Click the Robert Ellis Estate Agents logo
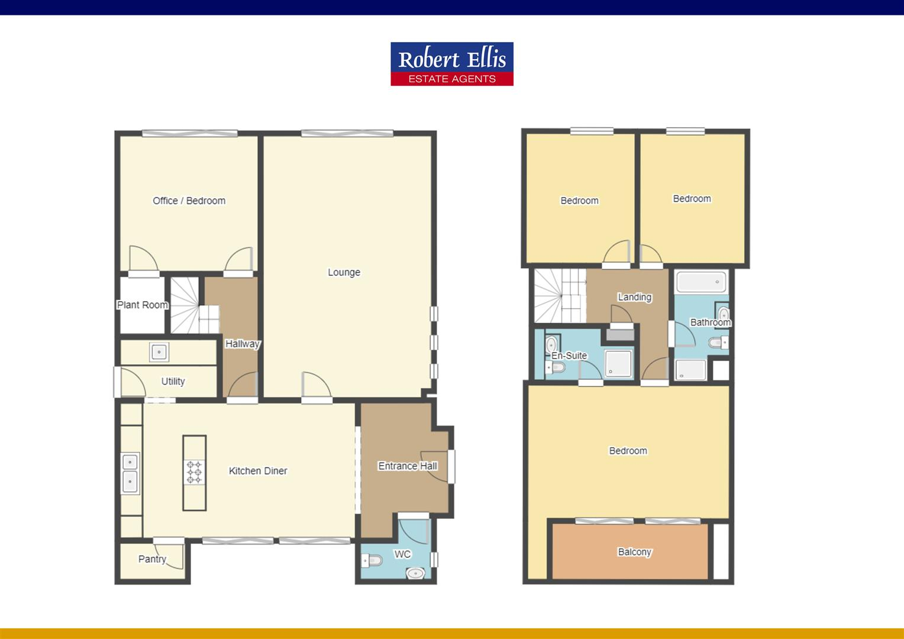click(451, 64)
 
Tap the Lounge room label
click(344, 272)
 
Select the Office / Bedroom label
click(189, 201)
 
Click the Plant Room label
click(142, 305)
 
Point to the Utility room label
click(173, 382)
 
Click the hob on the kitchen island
click(195, 472)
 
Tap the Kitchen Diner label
click(258, 471)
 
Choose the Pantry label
click(152, 559)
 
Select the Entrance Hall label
click(407, 466)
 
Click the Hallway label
click(242, 344)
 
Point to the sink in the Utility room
click(159, 352)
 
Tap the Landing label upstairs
click(634, 297)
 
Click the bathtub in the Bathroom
click(701, 282)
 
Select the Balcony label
click(634, 552)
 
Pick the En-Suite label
click(569, 356)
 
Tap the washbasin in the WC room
click(417, 573)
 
